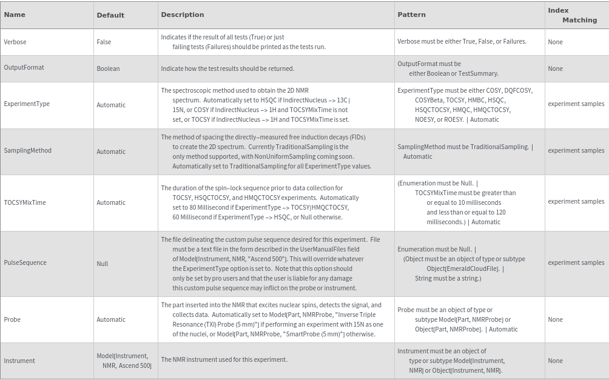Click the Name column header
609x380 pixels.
(x=15, y=15)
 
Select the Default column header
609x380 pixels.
(x=110, y=15)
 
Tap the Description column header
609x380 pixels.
(x=183, y=15)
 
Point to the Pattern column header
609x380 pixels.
(x=411, y=15)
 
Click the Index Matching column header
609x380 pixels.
(x=573, y=15)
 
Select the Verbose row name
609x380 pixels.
(x=15, y=42)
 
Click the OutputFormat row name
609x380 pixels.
(x=24, y=67)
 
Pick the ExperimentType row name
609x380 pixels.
(x=27, y=104)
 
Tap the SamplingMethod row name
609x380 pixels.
(x=28, y=150)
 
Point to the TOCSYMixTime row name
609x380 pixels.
(x=25, y=202)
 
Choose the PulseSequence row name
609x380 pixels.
(x=25, y=262)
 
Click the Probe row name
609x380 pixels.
(x=12, y=319)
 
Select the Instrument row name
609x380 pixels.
(x=19, y=361)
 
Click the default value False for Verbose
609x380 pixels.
(x=104, y=42)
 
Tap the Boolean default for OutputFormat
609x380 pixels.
(x=108, y=68)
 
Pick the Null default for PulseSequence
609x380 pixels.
(x=103, y=264)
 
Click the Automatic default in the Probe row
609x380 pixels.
(x=111, y=319)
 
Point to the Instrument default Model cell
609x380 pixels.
(x=124, y=361)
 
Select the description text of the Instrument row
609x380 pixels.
(x=224, y=359)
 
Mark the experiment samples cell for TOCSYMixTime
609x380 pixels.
(x=576, y=201)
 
